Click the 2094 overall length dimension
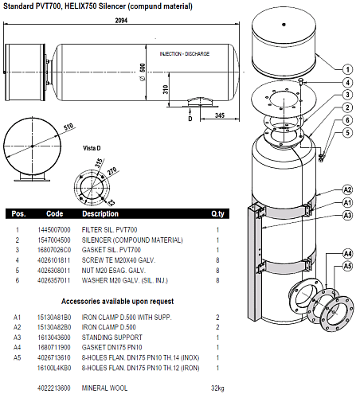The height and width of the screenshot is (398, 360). pyautogui.click(x=121, y=20)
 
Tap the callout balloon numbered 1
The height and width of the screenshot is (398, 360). pyautogui.click(x=347, y=69)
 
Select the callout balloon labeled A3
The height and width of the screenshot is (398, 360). pyautogui.click(x=347, y=215)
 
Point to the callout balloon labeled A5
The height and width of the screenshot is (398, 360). pyautogui.click(x=347, y=266)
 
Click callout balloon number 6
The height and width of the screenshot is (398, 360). pyautogui.click(x=347, y=120)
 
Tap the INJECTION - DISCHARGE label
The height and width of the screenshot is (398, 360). pyautogui.click(x=185, y=54)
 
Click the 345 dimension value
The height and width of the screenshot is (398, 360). pyautogui.click(x=220, y=115)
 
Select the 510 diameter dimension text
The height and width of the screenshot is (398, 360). pyautogui.click(x=68, y=127)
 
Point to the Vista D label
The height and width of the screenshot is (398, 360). pyautogui.click(x=92, y=148)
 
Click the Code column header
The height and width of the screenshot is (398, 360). pyautogui.click(x=55, y=214)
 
